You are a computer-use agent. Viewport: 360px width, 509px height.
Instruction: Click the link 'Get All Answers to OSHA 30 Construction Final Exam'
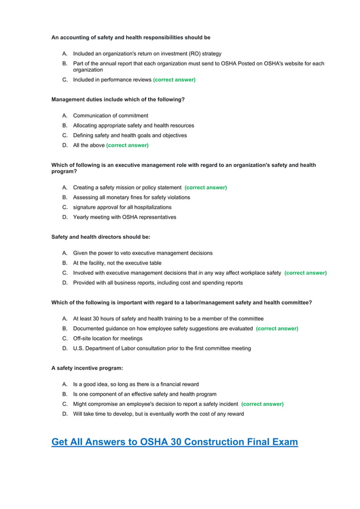(x=174, y=442)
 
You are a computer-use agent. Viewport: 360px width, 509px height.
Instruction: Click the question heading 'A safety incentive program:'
(x=87, y=368)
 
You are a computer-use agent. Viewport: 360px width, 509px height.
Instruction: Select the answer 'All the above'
(x=89, y=145)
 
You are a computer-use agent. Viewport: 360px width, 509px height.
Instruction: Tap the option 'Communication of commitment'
(x=111, y=116)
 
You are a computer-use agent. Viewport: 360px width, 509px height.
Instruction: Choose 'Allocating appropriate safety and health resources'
(x=133, y=125)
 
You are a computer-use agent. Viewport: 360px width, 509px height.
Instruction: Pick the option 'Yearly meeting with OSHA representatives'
(x=124, y=217)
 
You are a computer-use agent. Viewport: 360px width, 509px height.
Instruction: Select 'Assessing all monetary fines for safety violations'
(x=131, y=198)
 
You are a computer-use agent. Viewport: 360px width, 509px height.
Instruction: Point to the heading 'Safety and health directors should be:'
(x=100, y=237)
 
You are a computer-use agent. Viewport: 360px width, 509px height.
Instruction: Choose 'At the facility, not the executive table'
(x=117, y=263)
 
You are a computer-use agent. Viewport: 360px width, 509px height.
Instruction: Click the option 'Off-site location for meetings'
(x=107, y=339)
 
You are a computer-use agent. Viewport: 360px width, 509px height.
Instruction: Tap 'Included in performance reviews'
(x=112, y=80)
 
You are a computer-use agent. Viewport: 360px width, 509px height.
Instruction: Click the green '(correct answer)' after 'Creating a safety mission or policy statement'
(x=205, y=187)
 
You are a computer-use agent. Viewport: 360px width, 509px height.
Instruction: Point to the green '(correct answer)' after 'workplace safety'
(x=305, y=273)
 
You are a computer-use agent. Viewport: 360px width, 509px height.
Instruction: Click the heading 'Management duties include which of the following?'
(x=118, y=99)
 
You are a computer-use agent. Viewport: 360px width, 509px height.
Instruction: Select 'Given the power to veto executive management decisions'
(x=143, y=253)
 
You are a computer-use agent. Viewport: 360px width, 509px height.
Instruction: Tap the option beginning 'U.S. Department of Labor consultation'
(x=162, y=348)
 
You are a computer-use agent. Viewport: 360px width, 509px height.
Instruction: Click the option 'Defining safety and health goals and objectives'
(x=130, y=135)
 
